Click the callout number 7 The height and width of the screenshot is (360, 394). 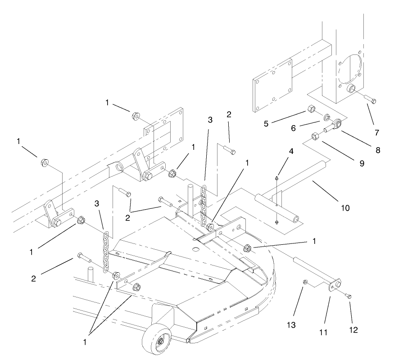tap(377, 132)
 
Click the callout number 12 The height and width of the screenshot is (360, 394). tap(353, 329)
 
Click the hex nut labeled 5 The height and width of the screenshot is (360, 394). tap(311, 108)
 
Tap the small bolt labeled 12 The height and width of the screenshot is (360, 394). tap(349, 296)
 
